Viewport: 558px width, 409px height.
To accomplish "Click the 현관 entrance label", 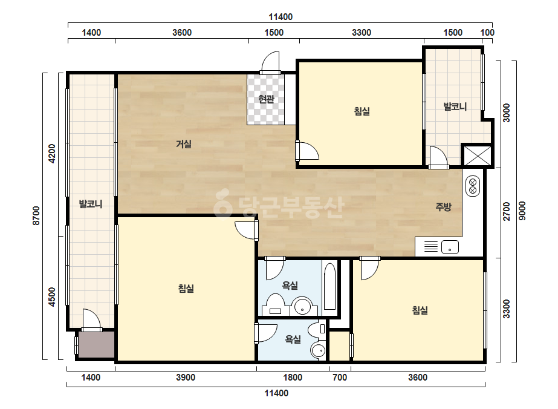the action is tap(266, 99).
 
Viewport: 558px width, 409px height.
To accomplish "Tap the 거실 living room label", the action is tap(184, 144).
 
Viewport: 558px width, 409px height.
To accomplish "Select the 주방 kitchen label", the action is tap(443, 207).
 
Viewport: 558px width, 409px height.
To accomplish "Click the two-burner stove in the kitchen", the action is tap(473, 186).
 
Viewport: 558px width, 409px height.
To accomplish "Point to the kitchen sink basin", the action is tap(450, 246).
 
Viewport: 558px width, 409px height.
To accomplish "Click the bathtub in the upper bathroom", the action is tap(330, 286).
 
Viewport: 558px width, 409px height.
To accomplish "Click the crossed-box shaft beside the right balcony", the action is tap(478, 155).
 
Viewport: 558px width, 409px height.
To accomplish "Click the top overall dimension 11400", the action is tap(281, 17).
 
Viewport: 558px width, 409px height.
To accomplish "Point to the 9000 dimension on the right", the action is tap(522, 211).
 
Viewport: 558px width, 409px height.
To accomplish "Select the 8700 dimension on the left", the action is tap(37, 215).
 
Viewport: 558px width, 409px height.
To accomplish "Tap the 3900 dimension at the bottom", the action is tap(186, 378).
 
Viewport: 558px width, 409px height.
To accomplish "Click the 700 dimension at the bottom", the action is tap(340, 378).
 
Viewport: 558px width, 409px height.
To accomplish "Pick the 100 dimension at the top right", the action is tap(487, 33).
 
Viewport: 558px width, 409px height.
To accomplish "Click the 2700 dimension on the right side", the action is tap(507, 212).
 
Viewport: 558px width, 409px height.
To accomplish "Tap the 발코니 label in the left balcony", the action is tap(91, 204).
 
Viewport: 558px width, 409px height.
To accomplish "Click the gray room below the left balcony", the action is tap(97, 344).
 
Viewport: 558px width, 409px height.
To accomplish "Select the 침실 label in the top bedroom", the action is tap(362, 111).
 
